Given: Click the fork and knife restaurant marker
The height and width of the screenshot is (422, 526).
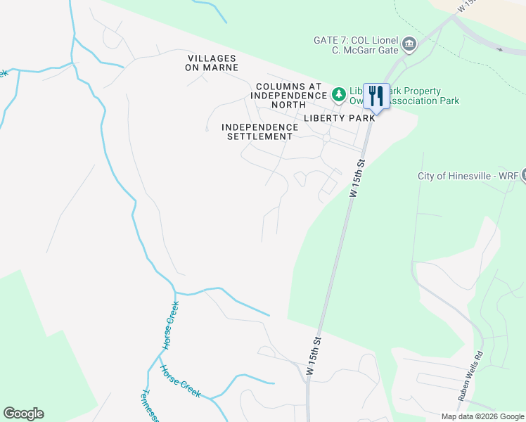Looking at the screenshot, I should point(376,96).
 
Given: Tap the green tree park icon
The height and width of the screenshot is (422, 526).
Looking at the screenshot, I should point(339,94).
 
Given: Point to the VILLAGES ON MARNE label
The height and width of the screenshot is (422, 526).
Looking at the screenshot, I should point(212,63).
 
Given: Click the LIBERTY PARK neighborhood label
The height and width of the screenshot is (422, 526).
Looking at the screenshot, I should point(339,118).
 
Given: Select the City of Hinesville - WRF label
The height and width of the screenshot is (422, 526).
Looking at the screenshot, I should point(468,176).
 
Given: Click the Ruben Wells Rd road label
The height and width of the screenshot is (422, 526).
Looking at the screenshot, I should point(470,376).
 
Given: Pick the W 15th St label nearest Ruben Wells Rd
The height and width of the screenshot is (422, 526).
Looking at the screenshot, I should point(314,359).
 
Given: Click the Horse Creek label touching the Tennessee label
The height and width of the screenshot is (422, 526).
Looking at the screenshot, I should point(181,382).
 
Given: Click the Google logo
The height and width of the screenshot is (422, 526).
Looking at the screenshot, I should point(23,414).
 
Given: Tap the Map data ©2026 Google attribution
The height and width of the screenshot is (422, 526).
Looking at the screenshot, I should point(482,416).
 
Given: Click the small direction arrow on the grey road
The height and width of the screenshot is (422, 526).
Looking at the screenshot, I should point(499,49).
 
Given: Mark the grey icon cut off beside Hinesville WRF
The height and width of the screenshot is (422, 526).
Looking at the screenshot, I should point(522,176).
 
